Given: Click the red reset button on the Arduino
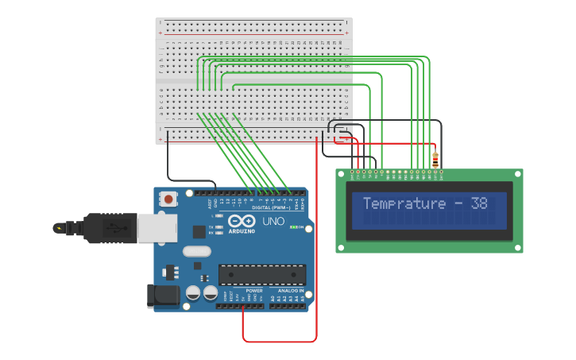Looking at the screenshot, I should point(168,199).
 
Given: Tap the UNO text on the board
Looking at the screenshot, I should point(273,222).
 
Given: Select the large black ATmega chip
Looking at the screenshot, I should point(262,274).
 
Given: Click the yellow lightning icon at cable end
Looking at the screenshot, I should point(58,228).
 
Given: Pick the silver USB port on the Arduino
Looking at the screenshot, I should point(157,228).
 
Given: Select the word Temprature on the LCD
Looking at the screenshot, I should point(404,203).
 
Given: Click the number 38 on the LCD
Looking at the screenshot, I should point(479,203).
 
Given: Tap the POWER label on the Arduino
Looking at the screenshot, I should point(254,291).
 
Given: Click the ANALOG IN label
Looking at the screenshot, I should point(289,291).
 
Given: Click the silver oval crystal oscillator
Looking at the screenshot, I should point(196,252).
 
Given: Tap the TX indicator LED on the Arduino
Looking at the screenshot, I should point(218,226).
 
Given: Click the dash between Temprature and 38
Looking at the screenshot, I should point(458,204).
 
